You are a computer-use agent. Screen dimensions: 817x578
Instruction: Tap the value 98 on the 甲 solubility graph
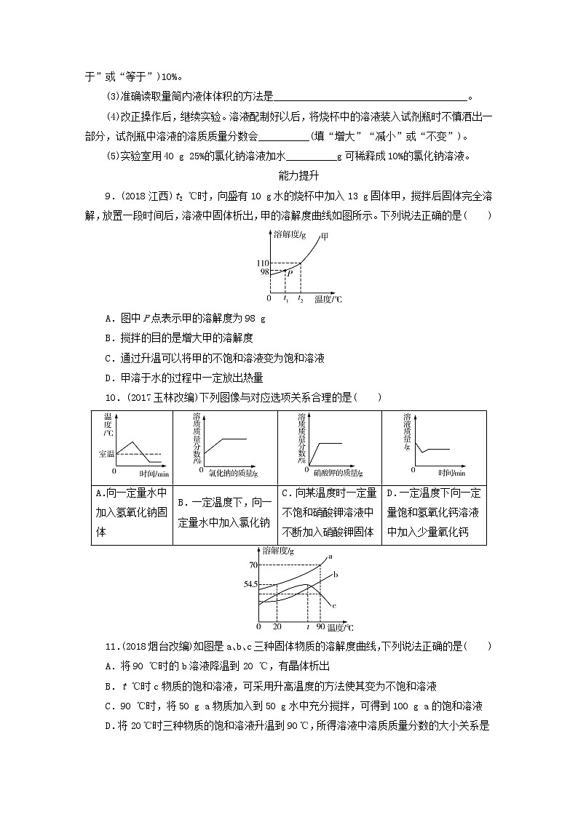click(264, 271)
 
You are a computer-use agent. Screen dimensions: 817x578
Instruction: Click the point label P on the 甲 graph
click(290, 274)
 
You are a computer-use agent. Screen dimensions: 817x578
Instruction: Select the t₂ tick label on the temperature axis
click(300, 299)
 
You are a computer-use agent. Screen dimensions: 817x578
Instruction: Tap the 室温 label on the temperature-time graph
click(106, 453)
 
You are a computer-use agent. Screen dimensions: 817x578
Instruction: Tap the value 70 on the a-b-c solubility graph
click(253, 565)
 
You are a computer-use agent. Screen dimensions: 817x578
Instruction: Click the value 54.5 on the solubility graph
click(250, 584)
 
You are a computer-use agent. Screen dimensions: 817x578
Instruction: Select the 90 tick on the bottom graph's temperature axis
click(320, 626)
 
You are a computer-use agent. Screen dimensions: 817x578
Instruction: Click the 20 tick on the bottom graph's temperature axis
click(277, 626)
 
